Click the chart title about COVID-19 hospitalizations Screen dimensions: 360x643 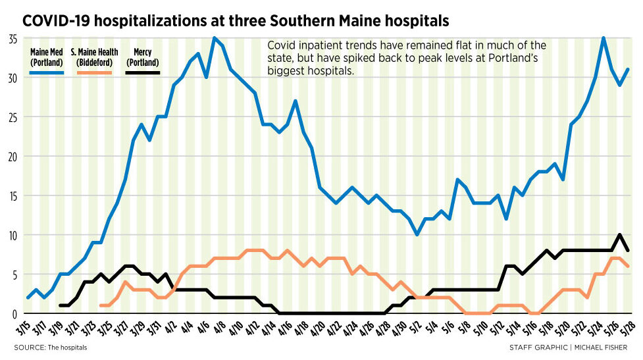236,20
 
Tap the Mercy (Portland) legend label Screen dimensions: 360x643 142,57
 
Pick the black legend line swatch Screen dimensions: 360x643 142,72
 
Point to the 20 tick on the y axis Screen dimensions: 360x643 12,157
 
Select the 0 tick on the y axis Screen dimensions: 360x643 14,314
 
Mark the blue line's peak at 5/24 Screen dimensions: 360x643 604,38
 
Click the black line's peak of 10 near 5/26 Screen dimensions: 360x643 619,234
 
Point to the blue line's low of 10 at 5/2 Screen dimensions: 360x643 417,234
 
